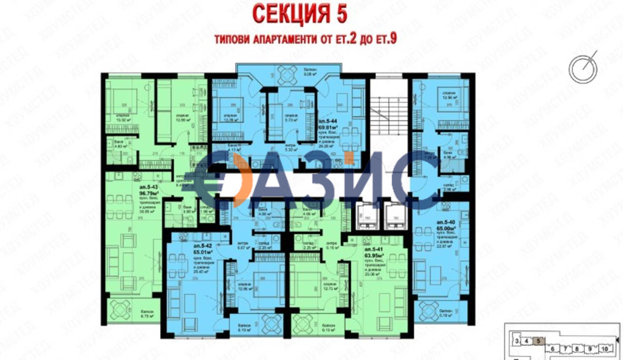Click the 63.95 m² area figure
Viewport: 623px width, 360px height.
click(374, 254)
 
